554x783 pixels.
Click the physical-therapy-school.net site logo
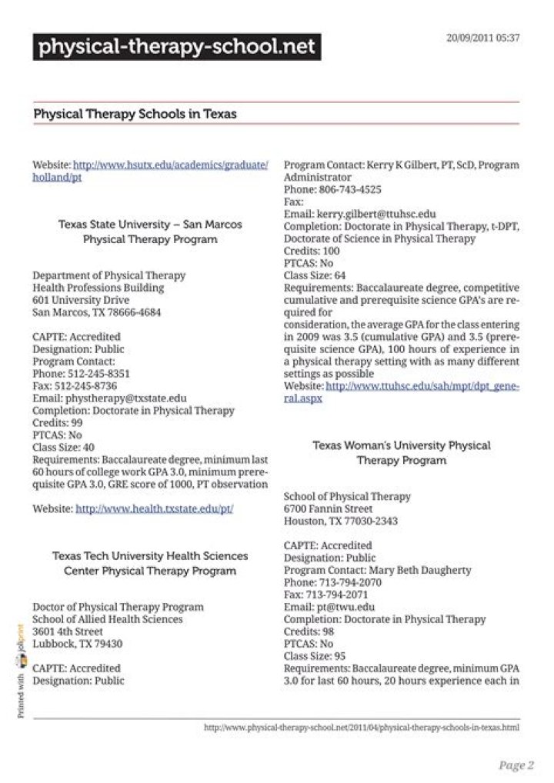[x=176, y=48]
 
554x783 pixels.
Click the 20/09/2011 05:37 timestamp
[x=482, y=38]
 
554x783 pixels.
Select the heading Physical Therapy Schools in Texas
[x=135, y=114]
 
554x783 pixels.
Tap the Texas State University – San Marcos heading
[x=150, y=225]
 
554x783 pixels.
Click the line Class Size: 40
[x=64, y=448]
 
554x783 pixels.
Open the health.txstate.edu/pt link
[x=154, y=509]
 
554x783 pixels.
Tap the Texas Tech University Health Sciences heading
[x=150, y=555]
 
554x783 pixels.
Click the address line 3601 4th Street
[x=68, y=631]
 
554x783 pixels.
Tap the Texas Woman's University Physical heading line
[x=401, y=445]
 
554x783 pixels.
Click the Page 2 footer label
[x=516, y=765]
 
